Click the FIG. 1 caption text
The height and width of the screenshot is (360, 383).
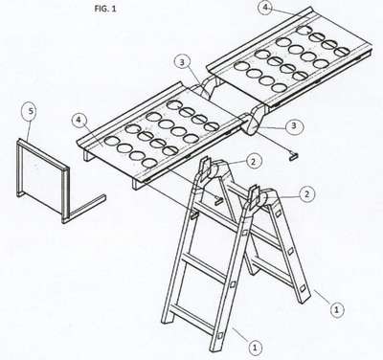coord(105,9)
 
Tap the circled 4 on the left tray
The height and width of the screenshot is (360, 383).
coord(79,121)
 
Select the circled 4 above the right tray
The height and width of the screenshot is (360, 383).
coord(265,8)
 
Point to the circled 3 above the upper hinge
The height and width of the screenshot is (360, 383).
coord(182,62)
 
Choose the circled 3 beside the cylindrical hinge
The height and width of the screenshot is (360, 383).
coord(294,125)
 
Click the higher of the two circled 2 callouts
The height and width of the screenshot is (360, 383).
coord(253,162)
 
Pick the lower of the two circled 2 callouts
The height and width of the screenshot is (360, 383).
coord(306,193)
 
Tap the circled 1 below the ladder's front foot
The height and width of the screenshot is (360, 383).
coord(255,348)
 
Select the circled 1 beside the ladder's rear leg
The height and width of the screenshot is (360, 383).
coord(336,309)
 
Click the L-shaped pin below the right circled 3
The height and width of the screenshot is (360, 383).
coord(293,156)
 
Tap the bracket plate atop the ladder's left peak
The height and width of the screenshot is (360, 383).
coord(205,169)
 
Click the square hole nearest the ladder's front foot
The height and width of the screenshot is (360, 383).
coord(220,336)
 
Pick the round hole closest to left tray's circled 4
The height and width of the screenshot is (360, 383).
coord(111,140)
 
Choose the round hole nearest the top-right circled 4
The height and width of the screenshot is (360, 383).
coord(304,30)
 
